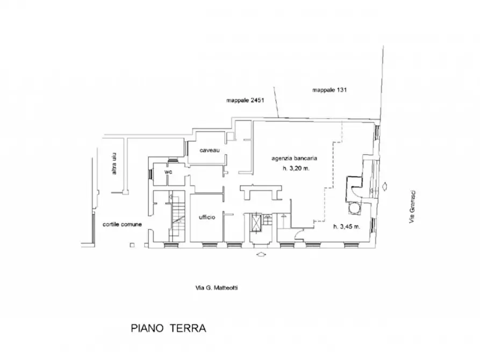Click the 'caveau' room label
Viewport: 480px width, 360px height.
pyautogui.click(x=209, y=150)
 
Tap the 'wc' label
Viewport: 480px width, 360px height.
pyautogui.click(x=168, y=172)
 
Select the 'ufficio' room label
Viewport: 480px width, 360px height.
pyautogui.click(x=207, y=217)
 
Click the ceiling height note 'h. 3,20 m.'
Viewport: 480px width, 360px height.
pyautogui.click(x=295, y=168)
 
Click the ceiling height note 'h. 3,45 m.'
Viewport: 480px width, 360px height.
pyautogui.click(x=346, y=227)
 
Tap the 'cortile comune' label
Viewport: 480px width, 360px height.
pyautogui.click(x=122, y=224)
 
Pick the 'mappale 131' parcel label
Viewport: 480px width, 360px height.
pyautogui.click(x=329, y=90)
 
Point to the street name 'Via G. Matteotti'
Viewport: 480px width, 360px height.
pyautogui.click(x=217, y=288)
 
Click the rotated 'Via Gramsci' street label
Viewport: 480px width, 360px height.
pyautogui.click(x=412, y=207)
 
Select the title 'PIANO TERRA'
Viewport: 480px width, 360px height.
pyautogui.click(x=168, y=327)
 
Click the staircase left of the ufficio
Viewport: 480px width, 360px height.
pyautogui.click(x=177, y=218)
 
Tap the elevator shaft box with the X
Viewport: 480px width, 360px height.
pyautogui.click(x=256, y=221)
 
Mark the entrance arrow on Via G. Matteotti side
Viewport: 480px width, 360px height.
pyautogui.click(x=261, y=254)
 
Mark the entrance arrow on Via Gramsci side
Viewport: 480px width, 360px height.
pyautogui.click(x=386, y=186)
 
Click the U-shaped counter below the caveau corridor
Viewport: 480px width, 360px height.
pyautogui.click(x=261, y=191)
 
